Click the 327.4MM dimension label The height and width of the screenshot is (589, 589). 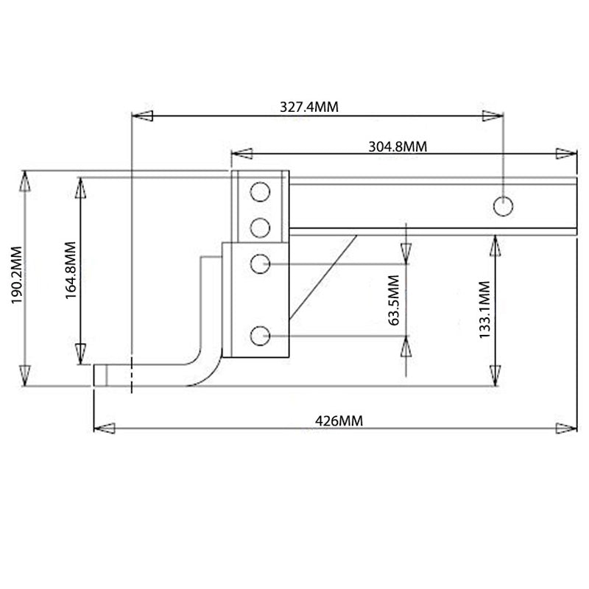309,107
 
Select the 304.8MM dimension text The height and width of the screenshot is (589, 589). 398,147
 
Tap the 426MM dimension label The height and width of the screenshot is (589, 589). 339,420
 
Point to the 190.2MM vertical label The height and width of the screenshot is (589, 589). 17,275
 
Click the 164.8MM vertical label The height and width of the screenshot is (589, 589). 71,270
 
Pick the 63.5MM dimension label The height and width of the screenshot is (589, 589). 393,300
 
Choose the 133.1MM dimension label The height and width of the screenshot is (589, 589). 485,309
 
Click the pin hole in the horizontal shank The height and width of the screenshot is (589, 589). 503,206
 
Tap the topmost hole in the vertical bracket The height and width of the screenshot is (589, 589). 260,192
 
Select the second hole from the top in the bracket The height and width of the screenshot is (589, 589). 260,228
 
